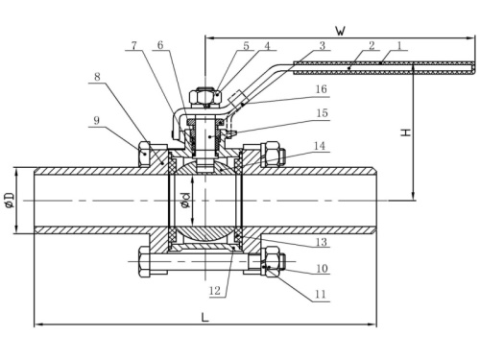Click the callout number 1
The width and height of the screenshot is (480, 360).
pos(399,45)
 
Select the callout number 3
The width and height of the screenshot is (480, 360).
pos(323,45)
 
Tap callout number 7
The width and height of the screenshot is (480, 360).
pos(134,45)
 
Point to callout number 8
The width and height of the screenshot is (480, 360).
pos(97,77)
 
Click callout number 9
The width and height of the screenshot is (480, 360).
pos(96,121)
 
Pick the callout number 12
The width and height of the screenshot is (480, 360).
pos(215,291)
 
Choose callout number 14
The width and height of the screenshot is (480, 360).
pos(320,146)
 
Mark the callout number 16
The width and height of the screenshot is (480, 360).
pos(322,89)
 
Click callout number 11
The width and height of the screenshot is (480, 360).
pos(321,294)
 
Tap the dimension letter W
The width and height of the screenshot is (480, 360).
pos(341,31)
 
